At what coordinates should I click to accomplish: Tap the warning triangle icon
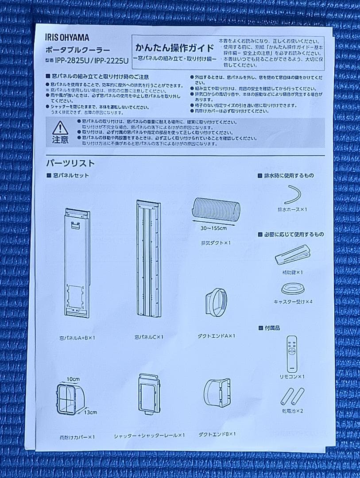(x=60, y=128)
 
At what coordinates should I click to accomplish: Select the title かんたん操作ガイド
(x=172, y=48)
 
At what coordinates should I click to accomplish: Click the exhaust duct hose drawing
(x=216, y=209)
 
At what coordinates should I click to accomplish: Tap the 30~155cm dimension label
(x=213, y=228)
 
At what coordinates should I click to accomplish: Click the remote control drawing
(x=291, y=354)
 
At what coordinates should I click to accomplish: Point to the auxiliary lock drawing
(x=292, y=255)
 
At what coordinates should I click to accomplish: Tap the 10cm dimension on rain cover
(x=74, y=379)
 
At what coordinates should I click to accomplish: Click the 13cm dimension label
(x=90, y=412)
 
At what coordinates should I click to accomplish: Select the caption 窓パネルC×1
(x=149, y=337)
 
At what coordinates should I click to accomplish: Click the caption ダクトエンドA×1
(x=216, y=336)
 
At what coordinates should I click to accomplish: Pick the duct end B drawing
(x=217, y=393)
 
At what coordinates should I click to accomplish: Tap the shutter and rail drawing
(x=149, y=393)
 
